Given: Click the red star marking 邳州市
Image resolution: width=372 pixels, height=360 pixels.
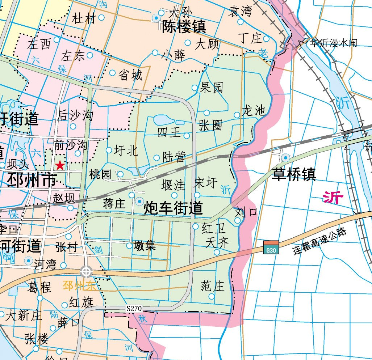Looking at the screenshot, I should tap(60, 166).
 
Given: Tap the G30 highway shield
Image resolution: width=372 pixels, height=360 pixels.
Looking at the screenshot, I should tap(271, 247).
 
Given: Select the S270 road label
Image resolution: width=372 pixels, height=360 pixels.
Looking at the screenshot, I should tap(134, 309).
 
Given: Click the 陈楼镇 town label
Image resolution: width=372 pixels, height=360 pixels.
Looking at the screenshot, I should tap(184, 27).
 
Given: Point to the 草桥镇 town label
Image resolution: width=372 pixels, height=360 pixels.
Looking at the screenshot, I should tap(295, 174).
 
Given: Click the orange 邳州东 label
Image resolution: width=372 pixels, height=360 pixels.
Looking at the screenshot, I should tap(80, 286).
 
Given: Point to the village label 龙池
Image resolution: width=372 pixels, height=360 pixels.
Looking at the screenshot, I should tap(254, 110).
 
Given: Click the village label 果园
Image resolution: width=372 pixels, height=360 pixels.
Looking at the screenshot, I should tap(212, 87).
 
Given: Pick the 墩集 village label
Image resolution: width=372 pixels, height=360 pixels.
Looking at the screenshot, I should tap(145, 245).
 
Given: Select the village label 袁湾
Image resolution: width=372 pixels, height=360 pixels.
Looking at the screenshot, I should tap(240, 12).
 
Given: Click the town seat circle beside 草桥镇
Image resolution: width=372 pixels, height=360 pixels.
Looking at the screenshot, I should tap(285, 157).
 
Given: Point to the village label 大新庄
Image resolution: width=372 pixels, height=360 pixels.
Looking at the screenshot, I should tap(24, 315).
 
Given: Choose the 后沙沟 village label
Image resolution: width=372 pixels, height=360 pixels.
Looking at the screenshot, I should tap(75, 115).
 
